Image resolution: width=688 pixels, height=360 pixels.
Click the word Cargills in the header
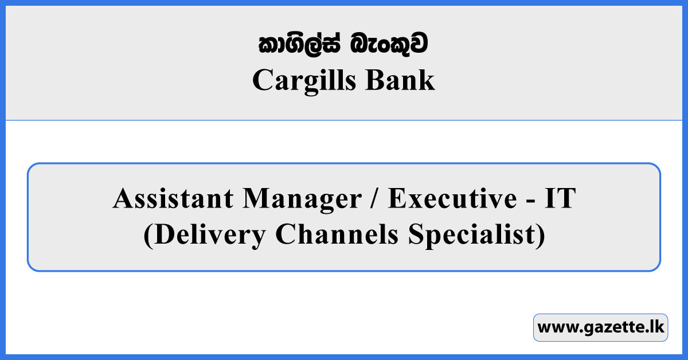[302, 81]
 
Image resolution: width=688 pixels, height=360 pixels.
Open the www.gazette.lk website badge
[600, 328]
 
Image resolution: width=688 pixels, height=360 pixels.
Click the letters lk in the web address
[655, 328]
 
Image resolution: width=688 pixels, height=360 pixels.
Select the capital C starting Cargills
[261, 81]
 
